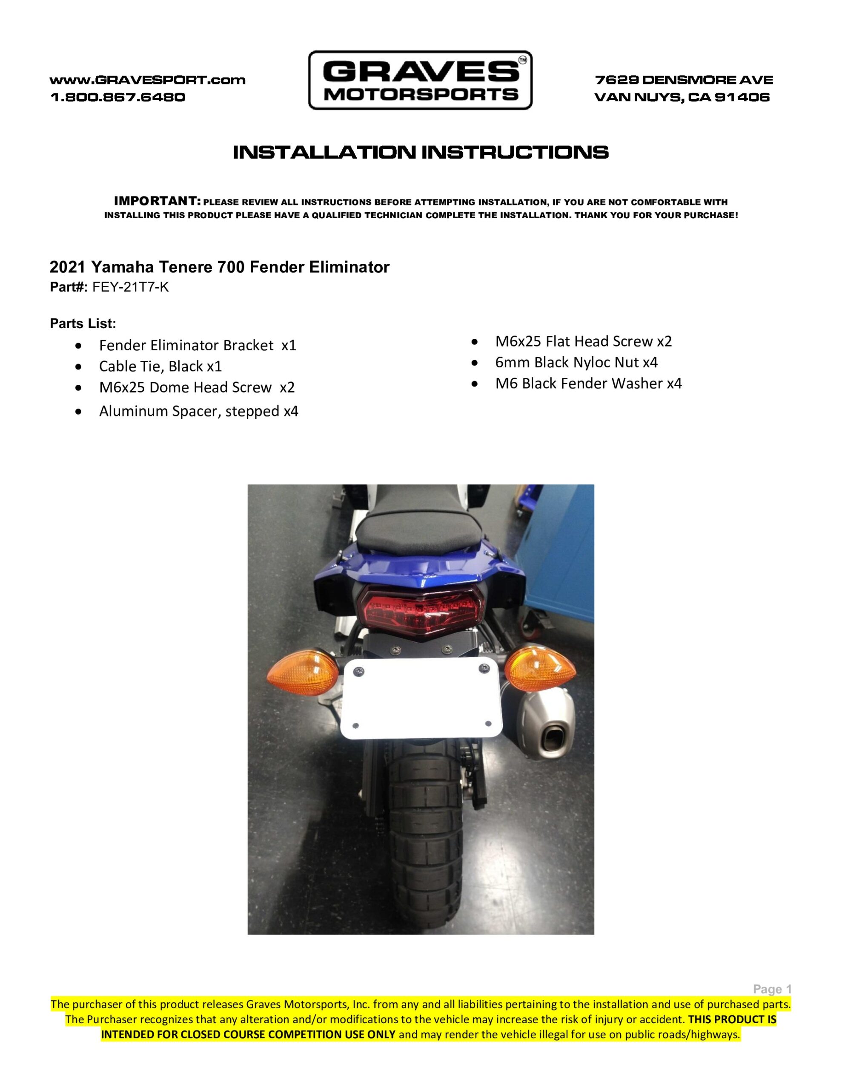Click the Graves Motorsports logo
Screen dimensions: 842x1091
tap(420, 80)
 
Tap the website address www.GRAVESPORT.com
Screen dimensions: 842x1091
tap(148, 80)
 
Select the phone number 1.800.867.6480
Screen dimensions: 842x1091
tap(118, 97)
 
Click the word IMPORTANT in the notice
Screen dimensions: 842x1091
tap(157, 201)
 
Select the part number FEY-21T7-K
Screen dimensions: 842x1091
tap(131, 287)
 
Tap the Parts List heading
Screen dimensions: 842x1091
tap(83, 324)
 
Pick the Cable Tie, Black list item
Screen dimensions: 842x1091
tap(160, 366)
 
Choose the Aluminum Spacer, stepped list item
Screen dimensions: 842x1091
tap(199, 411)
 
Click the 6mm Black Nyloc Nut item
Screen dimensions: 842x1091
tap(576, 362)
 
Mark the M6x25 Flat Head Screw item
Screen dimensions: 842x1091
tap(584, 341)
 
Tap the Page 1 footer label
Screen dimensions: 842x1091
tap(772, 989)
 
